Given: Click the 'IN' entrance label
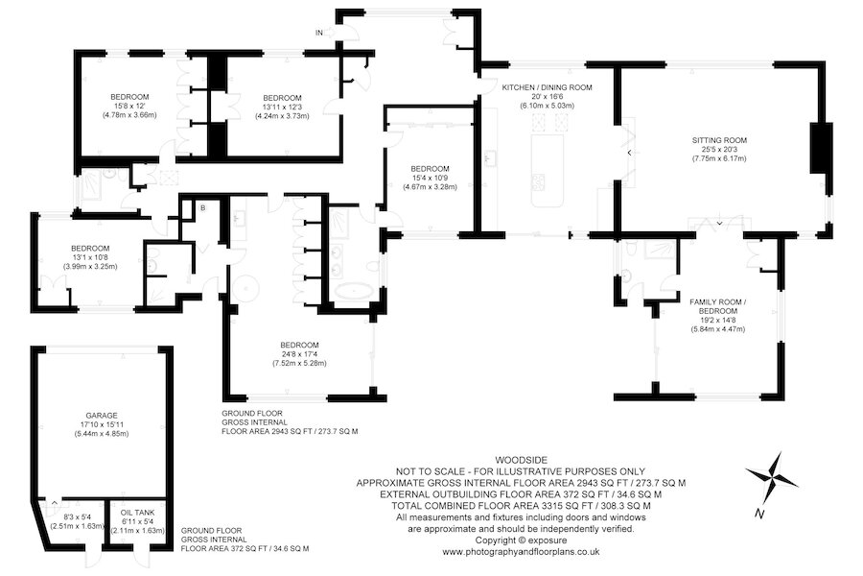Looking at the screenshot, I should pos(318,33).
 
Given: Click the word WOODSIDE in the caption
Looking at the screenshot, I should pos(520,459).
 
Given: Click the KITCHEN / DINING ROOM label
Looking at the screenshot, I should pos(548,87).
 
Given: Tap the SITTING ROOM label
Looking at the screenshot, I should pos(719,140).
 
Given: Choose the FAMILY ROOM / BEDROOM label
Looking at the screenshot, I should pos(719,306).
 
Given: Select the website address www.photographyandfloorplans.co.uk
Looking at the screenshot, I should pos(520,552).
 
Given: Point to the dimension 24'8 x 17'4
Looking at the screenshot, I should pos(300,354).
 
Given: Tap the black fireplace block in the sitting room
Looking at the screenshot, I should pos(821,149).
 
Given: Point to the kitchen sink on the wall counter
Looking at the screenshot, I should pos(488,156).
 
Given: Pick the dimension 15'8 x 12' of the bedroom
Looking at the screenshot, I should pos(128,106).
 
